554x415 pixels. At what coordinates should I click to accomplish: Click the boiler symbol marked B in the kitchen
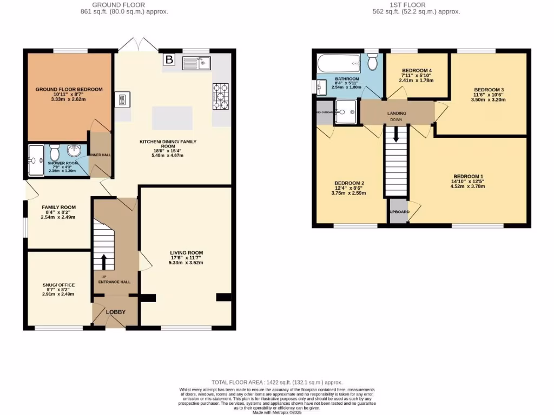point(169,60)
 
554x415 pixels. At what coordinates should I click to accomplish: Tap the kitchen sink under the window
point(196,63)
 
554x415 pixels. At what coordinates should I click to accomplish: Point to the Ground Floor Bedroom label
point(69,89)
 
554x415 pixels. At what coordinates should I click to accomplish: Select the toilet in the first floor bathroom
point(371,63)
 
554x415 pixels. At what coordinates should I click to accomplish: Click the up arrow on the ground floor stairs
point(103,261)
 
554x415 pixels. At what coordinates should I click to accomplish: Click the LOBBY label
point(115,312)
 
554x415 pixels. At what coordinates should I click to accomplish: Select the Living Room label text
point(186,252)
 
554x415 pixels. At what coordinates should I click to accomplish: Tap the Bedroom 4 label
point(417,71)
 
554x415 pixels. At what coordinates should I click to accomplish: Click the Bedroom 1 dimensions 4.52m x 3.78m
point(468,186)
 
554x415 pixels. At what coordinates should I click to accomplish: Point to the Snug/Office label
point(58,285)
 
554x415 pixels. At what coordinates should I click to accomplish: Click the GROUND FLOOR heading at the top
point(128,4)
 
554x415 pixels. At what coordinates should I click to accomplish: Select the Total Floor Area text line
point(276,382)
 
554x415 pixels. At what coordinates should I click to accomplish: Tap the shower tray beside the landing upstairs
point(346,111)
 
